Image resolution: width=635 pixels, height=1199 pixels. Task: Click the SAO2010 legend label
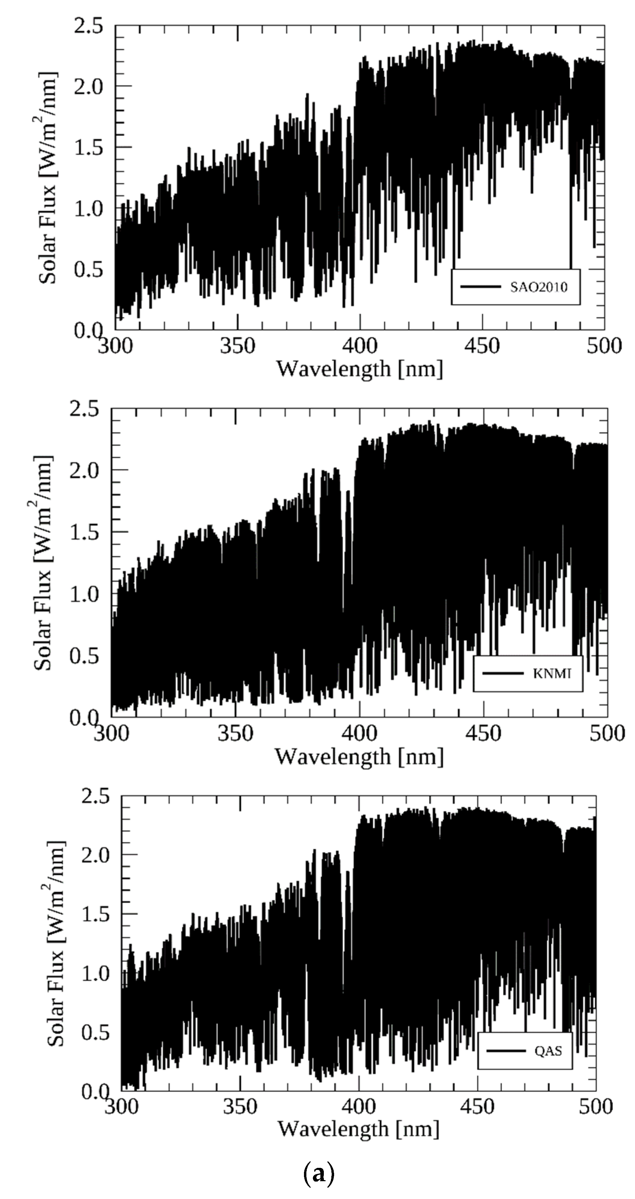point(538,287)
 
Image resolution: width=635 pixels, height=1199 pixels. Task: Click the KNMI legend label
point(552,673)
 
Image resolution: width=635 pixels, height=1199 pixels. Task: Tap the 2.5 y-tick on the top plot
point(88,27)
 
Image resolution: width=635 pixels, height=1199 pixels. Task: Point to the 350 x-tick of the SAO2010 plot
point(238,346)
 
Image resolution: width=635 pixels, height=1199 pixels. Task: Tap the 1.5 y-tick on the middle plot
point(84,532)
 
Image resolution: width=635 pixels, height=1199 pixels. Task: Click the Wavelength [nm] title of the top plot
point(359,369)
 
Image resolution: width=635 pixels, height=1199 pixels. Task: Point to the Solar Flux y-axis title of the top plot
point(48,178)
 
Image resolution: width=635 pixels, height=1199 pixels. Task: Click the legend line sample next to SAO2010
point(480,287)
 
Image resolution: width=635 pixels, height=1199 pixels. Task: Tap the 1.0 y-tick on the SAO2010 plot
point(88,208)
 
